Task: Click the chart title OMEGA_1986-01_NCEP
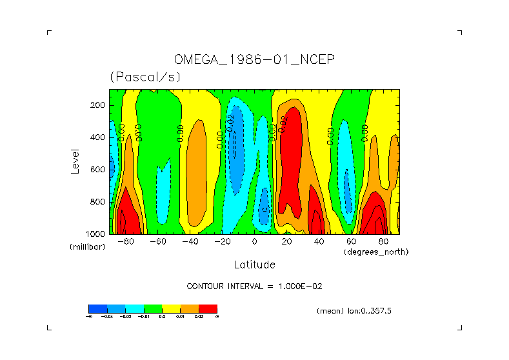click(254, 60)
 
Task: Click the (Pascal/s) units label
click(145, 77)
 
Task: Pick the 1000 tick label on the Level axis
click(96, 234)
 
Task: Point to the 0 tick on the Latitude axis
click(254, 241)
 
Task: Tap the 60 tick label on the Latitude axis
click(351, 241)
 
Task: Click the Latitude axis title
click(254, 265)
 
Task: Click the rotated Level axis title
click(75, 161)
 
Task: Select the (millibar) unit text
click(87, 247)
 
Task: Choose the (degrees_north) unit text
click(375, 252)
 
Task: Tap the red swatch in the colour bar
click(208, 308)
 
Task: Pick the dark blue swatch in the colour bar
click(97, 308)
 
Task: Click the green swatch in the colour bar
click(152, 308)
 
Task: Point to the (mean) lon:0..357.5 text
click(354, 311)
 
